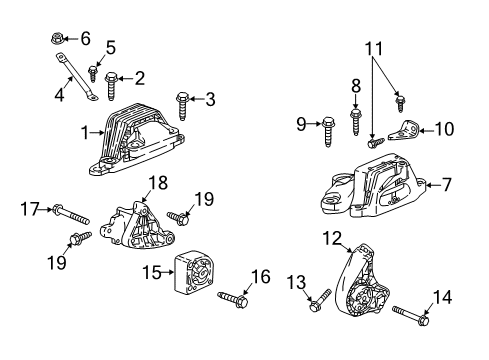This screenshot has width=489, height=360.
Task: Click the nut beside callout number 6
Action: [x=58, y=39]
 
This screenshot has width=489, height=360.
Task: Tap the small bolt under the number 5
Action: [x=93, y=71]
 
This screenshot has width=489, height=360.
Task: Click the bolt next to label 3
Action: [x=182, y=99]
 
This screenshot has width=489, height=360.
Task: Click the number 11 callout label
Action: [x=376, y=47]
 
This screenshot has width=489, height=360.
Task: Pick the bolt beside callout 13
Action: [x=319, y=297]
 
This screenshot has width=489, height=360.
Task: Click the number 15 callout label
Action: [x=151, y=271]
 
